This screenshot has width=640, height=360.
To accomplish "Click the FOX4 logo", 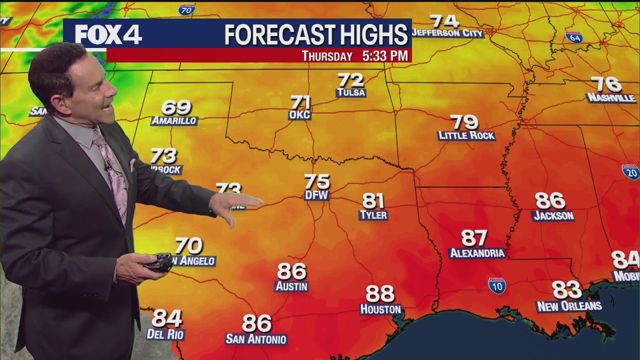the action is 108,34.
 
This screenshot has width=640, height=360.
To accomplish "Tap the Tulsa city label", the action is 351,93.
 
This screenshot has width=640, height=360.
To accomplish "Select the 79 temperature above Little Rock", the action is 464,122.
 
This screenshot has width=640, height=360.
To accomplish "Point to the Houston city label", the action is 380,309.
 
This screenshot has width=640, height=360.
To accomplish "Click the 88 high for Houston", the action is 380,293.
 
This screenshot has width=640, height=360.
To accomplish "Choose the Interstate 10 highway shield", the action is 497,285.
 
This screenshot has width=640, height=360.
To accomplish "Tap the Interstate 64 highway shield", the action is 574,37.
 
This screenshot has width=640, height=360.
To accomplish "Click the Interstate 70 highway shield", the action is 186,9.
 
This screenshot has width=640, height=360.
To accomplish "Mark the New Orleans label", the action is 569,306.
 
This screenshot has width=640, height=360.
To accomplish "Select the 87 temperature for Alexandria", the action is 474,238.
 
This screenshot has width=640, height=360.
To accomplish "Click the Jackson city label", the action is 553,216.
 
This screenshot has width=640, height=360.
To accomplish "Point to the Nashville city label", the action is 611,98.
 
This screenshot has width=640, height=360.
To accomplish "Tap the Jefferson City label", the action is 447,33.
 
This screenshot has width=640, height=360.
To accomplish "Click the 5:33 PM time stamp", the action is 385,56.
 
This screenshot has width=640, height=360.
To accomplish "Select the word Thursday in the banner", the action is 327,56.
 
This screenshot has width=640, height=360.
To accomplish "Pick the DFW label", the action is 316,195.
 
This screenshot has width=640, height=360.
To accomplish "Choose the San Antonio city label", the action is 256,339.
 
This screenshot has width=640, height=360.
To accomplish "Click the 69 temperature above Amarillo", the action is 176,107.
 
